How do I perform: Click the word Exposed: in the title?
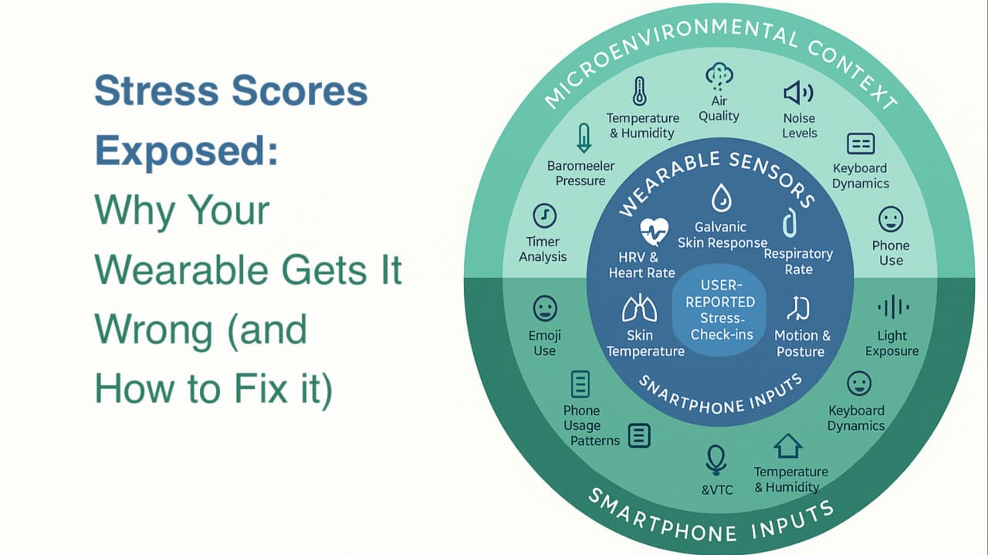[187, 151]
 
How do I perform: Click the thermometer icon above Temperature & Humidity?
[639, 91]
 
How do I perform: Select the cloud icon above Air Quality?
[719, 76]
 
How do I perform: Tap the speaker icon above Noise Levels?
[798, 93]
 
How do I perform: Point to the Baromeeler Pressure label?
[580, 174]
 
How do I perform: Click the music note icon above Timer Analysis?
[545, 215]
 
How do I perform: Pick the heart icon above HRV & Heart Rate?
[654, 231]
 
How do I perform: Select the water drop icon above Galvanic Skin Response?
[722, 198]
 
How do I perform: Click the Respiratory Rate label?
[798, 262]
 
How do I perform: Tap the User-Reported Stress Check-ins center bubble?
[719, 310]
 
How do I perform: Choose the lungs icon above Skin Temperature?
[639, 308]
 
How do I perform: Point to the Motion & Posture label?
[802, 343]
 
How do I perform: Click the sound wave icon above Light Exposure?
[893, 306]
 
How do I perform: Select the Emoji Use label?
[545, 343]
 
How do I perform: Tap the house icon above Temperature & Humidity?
[788, 446]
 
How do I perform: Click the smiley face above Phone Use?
[891, 219]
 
